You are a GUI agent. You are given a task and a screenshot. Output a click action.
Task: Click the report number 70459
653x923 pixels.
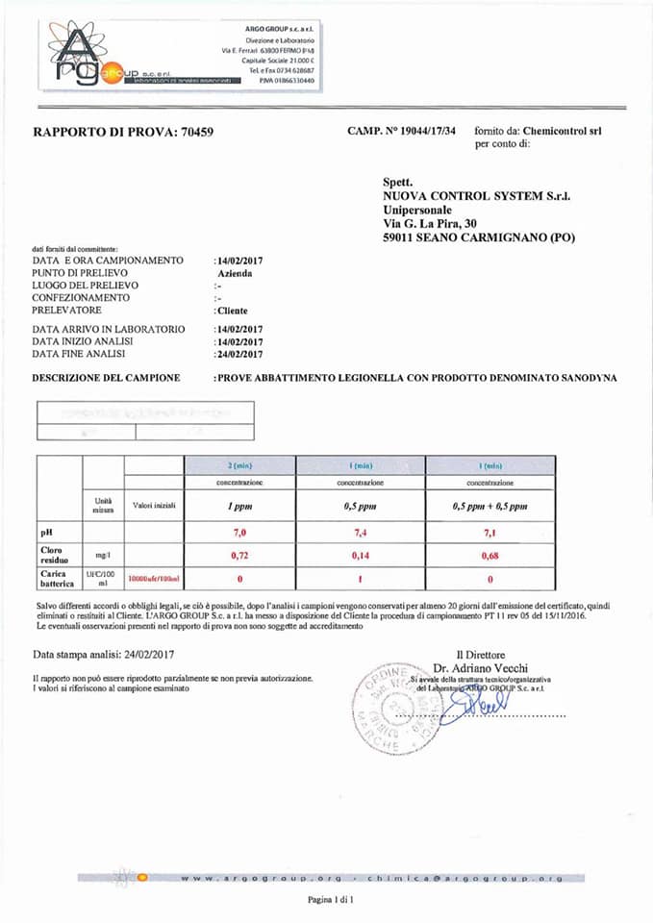tap(196, 132)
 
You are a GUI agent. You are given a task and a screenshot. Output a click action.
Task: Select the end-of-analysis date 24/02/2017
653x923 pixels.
tap(240, 354)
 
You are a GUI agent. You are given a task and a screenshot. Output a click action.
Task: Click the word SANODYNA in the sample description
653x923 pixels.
tap(585, 378)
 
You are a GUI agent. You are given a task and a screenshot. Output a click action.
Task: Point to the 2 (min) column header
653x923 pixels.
tap(240, 464)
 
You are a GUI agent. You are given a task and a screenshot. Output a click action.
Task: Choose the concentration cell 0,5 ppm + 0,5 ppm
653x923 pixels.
tap(490, 506)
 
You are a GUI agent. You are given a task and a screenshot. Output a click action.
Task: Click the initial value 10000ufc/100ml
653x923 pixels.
tap(154, 580)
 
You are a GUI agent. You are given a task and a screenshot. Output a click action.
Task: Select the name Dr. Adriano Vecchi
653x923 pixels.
tap(480, 667)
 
